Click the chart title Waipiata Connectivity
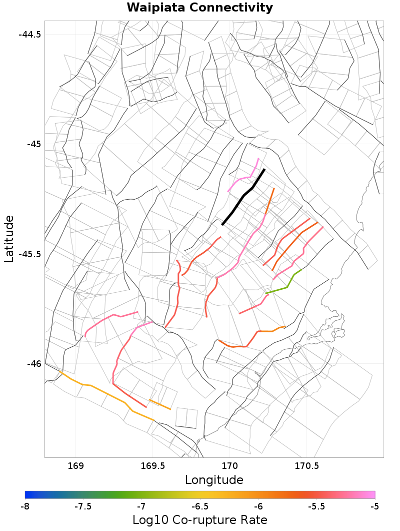click(200, 8)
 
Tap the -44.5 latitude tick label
click(30, 35)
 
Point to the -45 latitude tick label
click(33, 144)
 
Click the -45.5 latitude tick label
click(30, 254)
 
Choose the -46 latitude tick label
click(33, 363)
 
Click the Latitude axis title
click(8, 239)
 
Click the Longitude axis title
click(214, 480)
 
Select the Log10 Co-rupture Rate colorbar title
click(200, 519)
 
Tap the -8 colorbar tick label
click(25, 506)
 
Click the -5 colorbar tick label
click(374, 506)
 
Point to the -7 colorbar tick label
click(141, 506)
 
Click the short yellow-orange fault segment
click(160, 404)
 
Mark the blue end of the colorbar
click(27, 495)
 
